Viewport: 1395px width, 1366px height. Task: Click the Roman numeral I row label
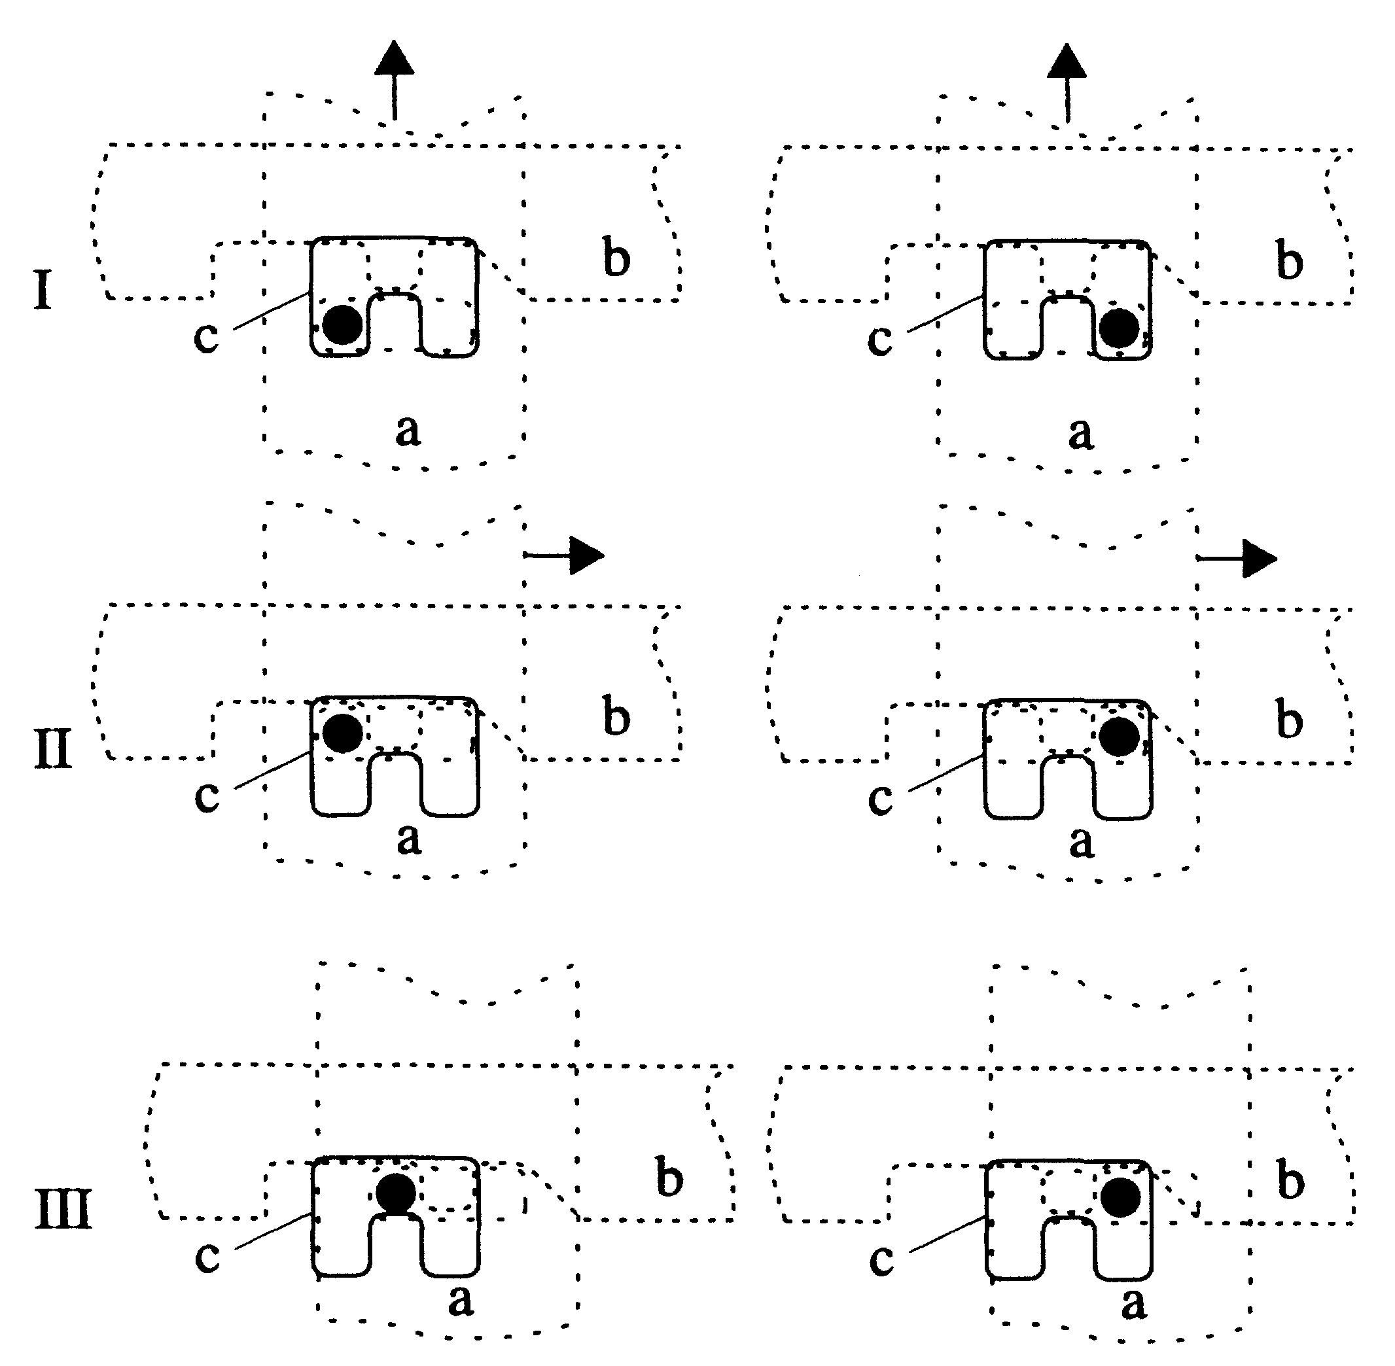pos(43,290)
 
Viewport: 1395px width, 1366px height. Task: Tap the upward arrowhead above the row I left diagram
pos(394,60)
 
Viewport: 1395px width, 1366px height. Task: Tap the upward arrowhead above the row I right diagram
pos(1067,62)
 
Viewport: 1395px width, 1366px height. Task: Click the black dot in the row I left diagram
pos(342,324)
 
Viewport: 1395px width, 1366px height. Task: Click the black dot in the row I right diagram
pos(1119,328)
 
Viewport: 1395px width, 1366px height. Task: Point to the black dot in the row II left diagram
pos(342,733)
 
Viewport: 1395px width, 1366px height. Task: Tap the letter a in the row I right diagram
pos(1080,432)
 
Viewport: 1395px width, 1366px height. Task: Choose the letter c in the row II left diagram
pos(207,796)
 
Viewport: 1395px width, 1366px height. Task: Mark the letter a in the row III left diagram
pos(460,1299)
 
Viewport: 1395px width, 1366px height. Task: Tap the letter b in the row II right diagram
pos(1290,720)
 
